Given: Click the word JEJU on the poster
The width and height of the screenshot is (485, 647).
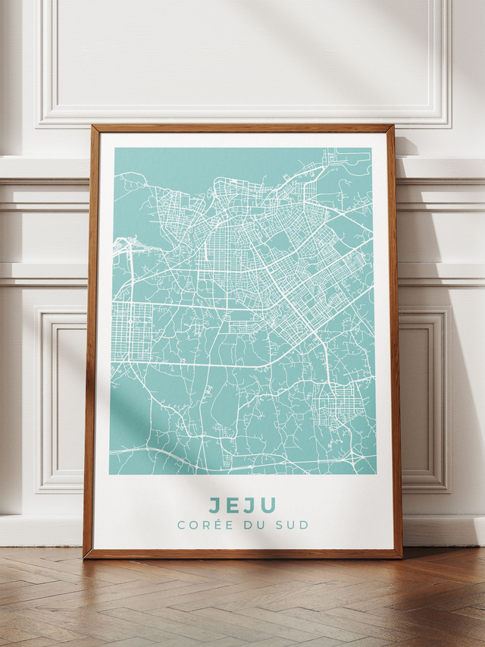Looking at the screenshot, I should [242, 505].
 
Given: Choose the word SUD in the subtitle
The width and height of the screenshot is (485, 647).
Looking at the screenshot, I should [293, 525].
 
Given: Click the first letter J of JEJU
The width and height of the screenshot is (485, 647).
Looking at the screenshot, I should [216, 505].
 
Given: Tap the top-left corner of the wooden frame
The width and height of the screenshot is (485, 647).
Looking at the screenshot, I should [92, 127].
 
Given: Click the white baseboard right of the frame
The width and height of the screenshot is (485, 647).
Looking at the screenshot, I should [443, 531].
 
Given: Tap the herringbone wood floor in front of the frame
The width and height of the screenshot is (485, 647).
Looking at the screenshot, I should [242, 599].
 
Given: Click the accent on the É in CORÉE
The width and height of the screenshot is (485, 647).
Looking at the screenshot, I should [213, 520].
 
